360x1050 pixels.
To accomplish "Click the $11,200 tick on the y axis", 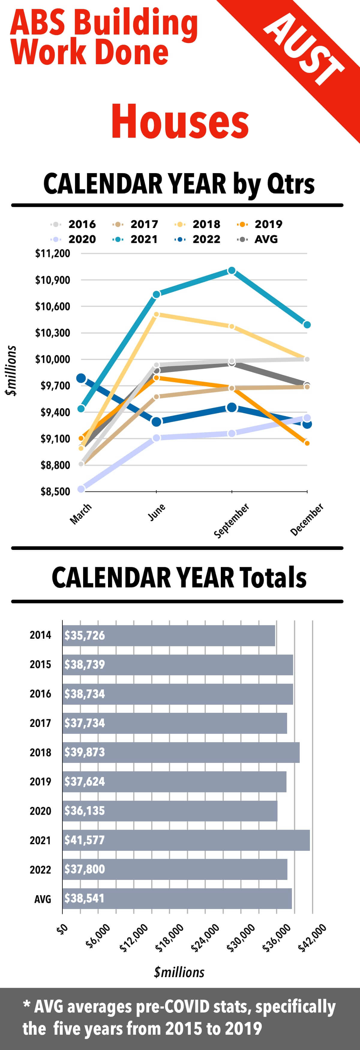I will (52, 253).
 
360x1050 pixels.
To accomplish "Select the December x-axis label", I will (307, 519).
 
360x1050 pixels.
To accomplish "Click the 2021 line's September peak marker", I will (232, 271).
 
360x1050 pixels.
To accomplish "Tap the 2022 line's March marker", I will (81, 378).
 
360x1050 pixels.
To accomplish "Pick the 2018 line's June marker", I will (156, 314).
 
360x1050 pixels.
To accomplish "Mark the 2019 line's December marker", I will (307, 443).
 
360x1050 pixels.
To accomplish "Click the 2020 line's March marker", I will (81, 489).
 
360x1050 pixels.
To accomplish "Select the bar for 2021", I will (186, 840).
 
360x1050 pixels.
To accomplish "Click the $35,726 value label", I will (84, 635).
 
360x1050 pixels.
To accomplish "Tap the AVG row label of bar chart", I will (43, 899).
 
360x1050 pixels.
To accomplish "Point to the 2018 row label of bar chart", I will (40, 752).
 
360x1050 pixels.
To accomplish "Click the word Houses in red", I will (180, 122).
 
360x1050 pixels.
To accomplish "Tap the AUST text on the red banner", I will (304, 49).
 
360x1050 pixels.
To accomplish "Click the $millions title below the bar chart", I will (179, 973).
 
